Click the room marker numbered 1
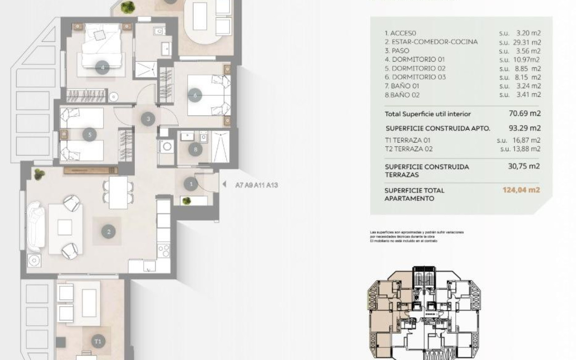(191, 184)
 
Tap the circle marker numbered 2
(109, 231)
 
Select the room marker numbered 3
(148, 119)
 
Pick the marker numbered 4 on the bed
(102, 67)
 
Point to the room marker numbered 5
(89, 135)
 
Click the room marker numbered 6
(195, 95)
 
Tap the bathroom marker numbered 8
(195, 149)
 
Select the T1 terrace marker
(98, 341)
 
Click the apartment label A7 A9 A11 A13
(256, 185)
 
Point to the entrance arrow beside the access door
(224, 185)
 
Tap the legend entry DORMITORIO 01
(415, 60)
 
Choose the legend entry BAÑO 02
(402, 95)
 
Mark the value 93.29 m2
(524, 127)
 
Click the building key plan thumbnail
(425, 313)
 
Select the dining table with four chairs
(118, 192)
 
